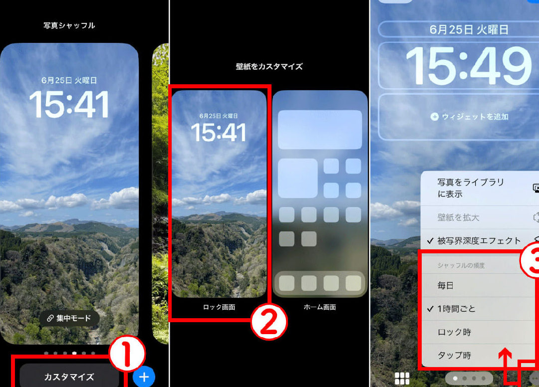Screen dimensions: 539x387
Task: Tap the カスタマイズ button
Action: pos(69,377)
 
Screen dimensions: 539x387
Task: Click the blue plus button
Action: pos(144,377)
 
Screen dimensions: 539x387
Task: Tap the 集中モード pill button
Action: pos(69,318)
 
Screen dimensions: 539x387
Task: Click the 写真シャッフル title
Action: pos(69,25)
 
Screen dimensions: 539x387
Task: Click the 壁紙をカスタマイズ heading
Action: pos(269,66)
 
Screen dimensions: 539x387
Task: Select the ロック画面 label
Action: pos(219,307)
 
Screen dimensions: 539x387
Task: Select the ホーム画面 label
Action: pos(320,307)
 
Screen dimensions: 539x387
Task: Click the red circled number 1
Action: pos(127,354)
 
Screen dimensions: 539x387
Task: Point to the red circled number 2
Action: pos(269,322)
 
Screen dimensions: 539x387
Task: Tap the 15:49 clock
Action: pos(469,66)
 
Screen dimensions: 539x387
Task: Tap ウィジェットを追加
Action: pos(470,117)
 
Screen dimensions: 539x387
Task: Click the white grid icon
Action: pos(402,379)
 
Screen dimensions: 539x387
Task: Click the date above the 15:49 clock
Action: pos(469,29)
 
